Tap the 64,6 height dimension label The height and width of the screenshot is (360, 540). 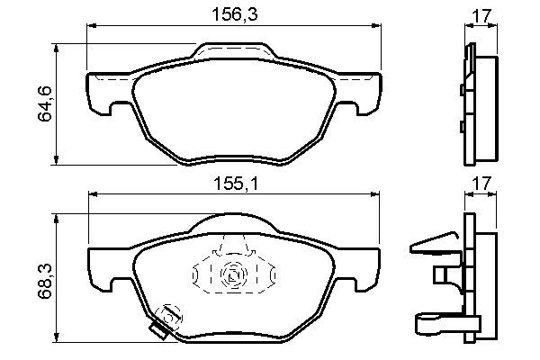coord(41,103)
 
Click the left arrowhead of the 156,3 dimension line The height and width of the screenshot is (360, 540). coord(90,31)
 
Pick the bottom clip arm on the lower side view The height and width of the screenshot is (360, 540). coord(436,320)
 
